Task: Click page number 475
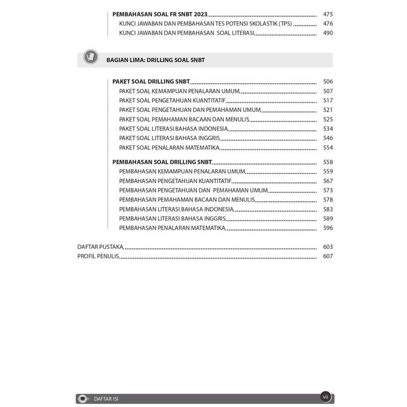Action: click(328, 15)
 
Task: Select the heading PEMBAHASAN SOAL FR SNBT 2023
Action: click(159, 15)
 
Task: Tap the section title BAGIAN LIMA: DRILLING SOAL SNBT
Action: click(155, 60)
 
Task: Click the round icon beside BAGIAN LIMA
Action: click(91, 58)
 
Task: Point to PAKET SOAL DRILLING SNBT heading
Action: click(151, 82)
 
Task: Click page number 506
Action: click(328, 82)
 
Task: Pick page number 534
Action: click(328, 128)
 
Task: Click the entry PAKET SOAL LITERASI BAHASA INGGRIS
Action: click(169, 138)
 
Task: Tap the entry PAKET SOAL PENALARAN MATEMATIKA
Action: click(165, 147)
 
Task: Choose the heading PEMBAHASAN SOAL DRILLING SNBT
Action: click(162, 162)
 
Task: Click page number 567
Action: click(328, 181)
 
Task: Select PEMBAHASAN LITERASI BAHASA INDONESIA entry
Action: click(176, 209)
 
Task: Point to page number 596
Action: click(328, 228)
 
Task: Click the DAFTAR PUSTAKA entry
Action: click(100, 247)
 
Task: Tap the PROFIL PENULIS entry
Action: click(98, 256)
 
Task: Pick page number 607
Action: click(328, 256)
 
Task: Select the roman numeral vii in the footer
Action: click(325, 396)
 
